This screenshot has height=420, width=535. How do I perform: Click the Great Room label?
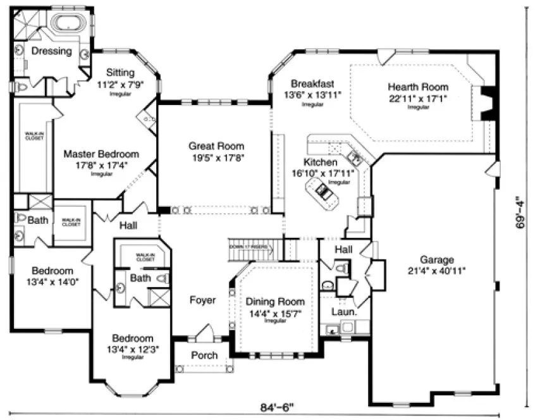(216, 146)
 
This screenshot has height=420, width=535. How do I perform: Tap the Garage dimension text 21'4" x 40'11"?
(437, 271)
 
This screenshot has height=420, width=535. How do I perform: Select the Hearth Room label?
(418, 87)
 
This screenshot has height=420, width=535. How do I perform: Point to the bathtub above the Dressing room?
(69, 23)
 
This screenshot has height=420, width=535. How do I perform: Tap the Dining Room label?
(275, 302)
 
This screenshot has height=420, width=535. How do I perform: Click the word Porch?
(204, 355)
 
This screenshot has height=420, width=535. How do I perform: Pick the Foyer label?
(202, 300)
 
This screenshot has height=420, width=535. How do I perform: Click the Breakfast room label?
(312, 83)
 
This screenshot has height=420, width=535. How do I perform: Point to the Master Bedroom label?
(101, 154)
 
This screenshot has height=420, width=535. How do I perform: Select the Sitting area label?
(120, 72)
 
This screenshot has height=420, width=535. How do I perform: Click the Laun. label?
(345, 312)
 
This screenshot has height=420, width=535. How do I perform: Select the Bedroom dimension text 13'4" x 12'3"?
(133, 349)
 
